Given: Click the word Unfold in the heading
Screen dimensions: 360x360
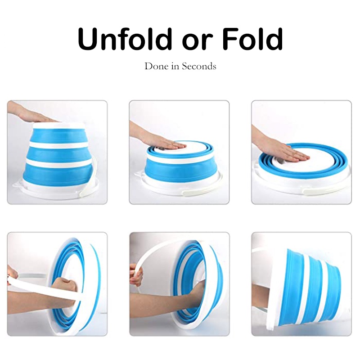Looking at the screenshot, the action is click(125, 39).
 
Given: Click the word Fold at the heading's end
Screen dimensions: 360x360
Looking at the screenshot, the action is click(252, 39).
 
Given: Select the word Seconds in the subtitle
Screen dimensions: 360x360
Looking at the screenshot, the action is click(199, 66).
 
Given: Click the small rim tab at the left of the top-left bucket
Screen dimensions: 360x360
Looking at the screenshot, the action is click(17, 184).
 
